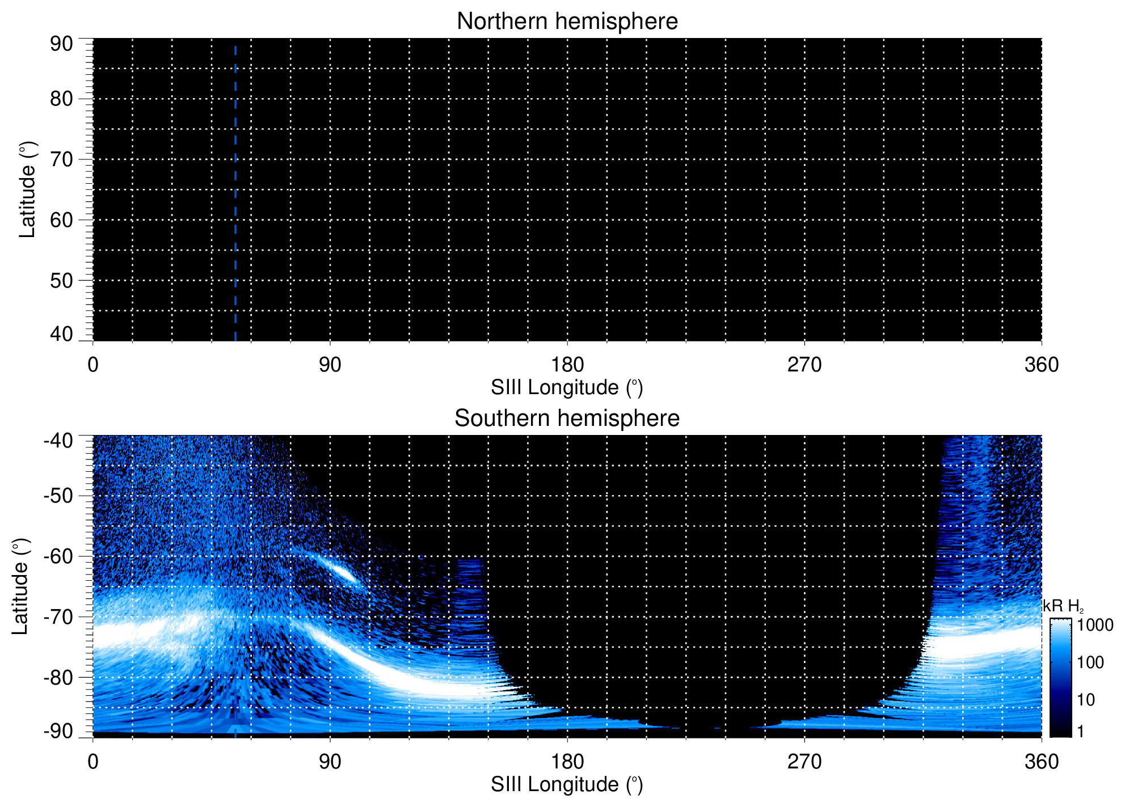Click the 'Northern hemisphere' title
(567, 22)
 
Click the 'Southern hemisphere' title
(567, 419)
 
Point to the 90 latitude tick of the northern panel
(61, 44)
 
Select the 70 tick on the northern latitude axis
(61, 159)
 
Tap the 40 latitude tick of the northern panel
(61, 334)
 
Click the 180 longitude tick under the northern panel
(567, 365)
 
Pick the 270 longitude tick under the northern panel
(804, 365)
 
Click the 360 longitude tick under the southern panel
(1041, 762)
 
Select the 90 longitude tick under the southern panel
(330, 762)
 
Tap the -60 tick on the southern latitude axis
(58, 556)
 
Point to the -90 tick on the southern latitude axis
(58, 731)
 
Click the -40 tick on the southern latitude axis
(58, 441)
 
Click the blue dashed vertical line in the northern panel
(235, 193)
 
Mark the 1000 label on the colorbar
(1095, 626)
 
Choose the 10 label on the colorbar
(1086, 700)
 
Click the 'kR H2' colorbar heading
(1063, 606)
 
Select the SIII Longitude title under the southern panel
(567, 785)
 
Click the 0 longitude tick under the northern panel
(93, 365)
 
